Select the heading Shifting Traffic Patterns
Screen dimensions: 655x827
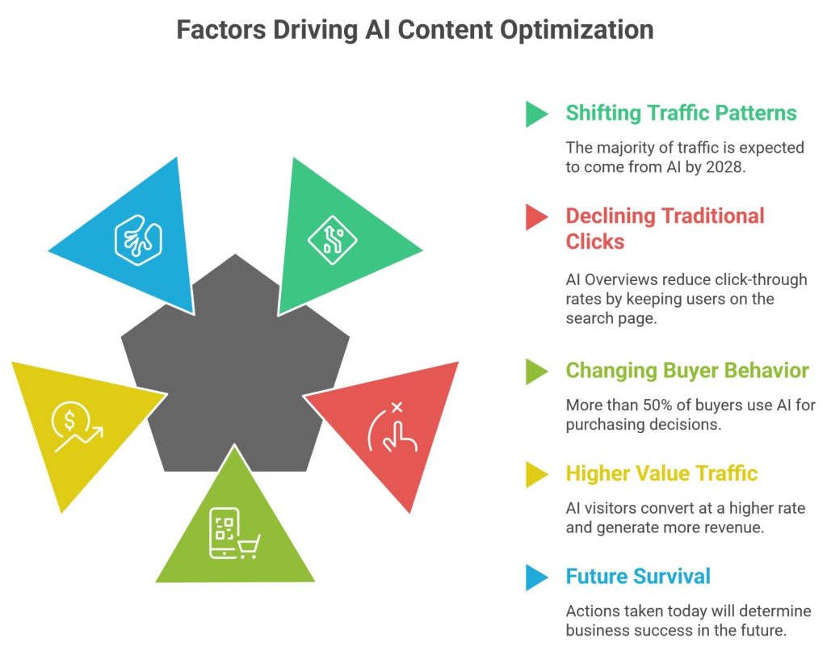(x=681, y=112)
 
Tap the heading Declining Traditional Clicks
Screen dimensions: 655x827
(x=665, y=229)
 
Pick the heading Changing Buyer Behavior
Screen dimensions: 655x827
(x=686, y=370)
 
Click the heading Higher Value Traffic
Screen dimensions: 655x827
(x=661, y=472)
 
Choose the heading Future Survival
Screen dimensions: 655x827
(x=638, y=576)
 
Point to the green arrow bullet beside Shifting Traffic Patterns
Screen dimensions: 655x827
(x=536, y=113)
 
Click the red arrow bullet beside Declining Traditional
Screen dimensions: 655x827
(x=536, y=216)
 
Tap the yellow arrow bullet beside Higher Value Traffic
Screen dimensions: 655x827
(x=536, y=473)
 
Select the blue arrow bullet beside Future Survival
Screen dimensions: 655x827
(x=536, y=577)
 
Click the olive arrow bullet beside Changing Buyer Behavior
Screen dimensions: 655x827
(x=536, y=371)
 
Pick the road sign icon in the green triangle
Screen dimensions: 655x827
(x=332, y=240)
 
